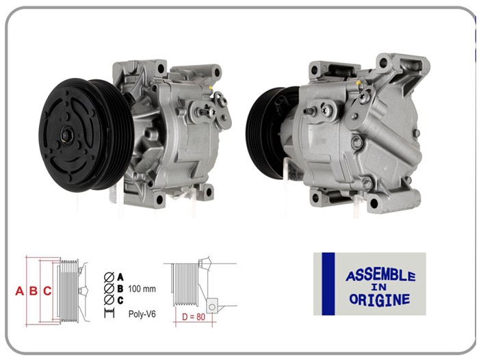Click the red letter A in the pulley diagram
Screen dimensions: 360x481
(20, 291)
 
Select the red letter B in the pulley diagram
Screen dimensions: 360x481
(33, 291)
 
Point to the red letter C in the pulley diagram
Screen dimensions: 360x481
(47, 291)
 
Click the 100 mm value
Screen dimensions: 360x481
(142, 289)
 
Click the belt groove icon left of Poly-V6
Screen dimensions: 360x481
(108, 313)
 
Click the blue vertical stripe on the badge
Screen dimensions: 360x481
(328, 283)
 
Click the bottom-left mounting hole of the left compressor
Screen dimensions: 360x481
(159, 200)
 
